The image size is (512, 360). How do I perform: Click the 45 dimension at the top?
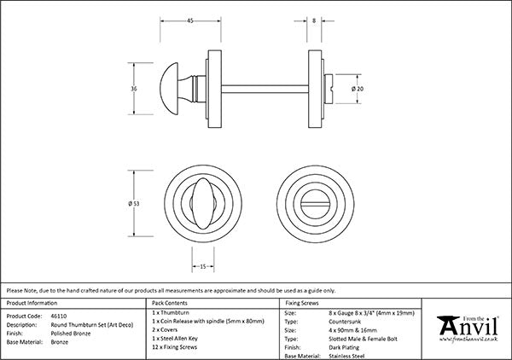(189, 20)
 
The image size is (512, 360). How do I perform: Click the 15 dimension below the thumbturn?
(202, 267)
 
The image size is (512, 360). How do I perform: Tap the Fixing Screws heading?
(302, 303)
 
